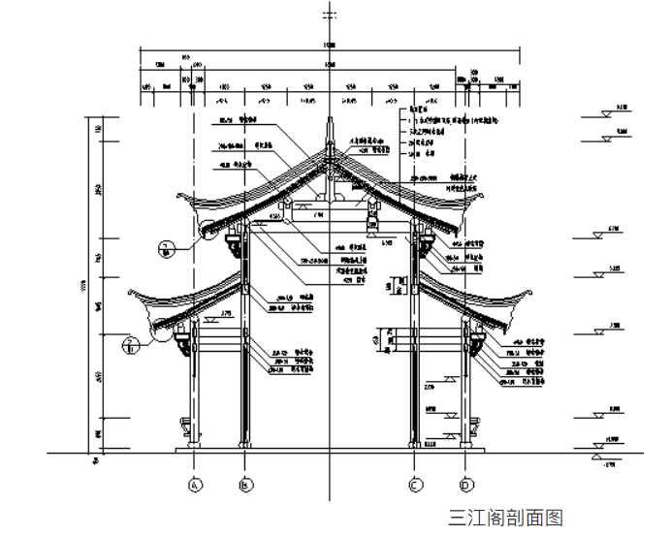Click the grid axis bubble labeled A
195,484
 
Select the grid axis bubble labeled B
245,484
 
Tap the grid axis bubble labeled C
415,484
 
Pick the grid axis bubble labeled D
465,484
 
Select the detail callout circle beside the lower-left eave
130,341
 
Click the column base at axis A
195,445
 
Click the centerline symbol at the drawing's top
330,14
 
